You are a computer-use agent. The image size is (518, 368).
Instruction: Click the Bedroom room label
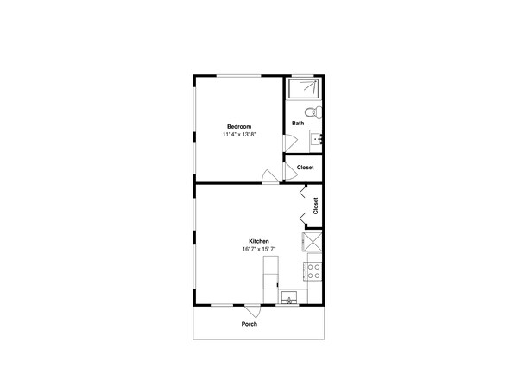[239, 126]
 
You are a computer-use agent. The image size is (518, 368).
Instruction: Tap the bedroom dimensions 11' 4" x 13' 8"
[239, 134]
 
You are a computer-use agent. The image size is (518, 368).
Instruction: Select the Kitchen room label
[259, 241]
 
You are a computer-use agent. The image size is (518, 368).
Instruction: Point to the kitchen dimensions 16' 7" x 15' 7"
[259, 249]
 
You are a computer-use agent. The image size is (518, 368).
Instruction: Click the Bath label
[298, 123]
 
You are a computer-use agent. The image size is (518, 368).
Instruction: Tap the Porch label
[250, 324]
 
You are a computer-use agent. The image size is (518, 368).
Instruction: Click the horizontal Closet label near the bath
[306, 168]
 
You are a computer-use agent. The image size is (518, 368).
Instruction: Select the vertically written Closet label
[315, 206]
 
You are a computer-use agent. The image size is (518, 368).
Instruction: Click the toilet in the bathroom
[313, 112]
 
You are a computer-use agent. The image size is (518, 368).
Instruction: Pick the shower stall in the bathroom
[304, 88]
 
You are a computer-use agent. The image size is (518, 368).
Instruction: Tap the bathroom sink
[316, 139]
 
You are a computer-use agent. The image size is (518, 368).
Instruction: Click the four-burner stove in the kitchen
[314, 271]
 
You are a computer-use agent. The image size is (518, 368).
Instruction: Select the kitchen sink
[289, 297]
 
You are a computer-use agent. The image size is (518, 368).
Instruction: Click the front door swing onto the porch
[253, 311]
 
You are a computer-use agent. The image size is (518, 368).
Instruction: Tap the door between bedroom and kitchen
[270, 176]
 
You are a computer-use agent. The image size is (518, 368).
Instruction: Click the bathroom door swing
[290, 143]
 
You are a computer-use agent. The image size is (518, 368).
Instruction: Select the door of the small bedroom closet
[291, 171]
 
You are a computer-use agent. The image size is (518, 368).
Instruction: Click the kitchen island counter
[271, 280]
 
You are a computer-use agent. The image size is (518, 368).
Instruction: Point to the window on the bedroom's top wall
[239, 76]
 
